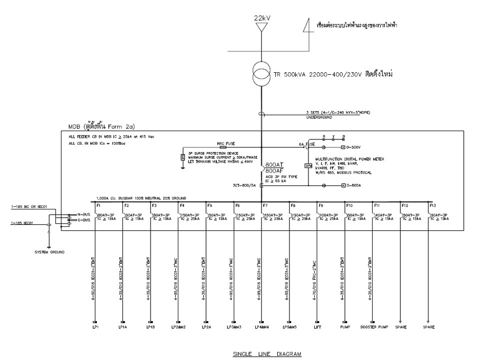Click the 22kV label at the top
pyautogui.click(x=262, y=18)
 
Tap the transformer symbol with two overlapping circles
pyautogui.click(x=262, y=75)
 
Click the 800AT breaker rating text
pyautogui.click(x=275, y=164)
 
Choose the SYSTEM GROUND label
pyautogui.click(x=49, y=252)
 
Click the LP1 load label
pyautogui.click(x=95, y=326)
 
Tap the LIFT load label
pyautogui.click(x=317, y=326)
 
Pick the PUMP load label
pyautogui.click(x=345, y=326)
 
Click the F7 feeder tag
pyautogui.click(x=265, y=205)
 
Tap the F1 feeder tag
pyautogui.click(x=98, y=205)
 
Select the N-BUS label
pyautogui.click(x=83, y=214)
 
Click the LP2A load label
pyautogui.click(x=206, y=326)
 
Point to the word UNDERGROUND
pyautogui.click(x=320, y=117)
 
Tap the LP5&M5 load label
pyautogui.click(x=290, y=326)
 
